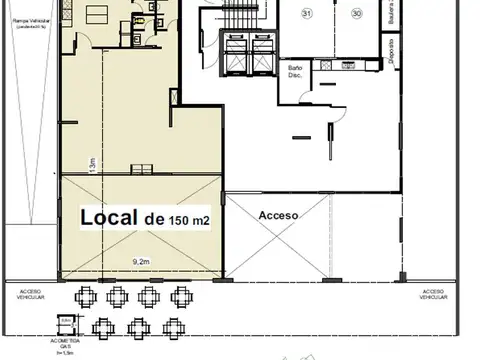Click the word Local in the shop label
click(109, 217)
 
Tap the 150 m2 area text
click(190, 219)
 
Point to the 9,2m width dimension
click(140, 262)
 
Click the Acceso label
click(278, 215)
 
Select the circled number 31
click(306, 14)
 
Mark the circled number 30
click(356, 14)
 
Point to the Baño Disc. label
click(296, 72)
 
